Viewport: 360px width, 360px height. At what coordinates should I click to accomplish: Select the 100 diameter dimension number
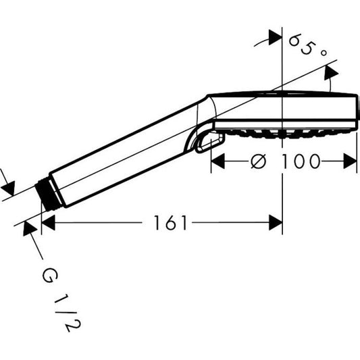[x=298, y=161]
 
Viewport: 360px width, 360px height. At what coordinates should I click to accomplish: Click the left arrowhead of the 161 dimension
[x=48, y=222]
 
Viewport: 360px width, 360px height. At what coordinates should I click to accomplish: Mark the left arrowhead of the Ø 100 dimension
[x=217, y=161]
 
